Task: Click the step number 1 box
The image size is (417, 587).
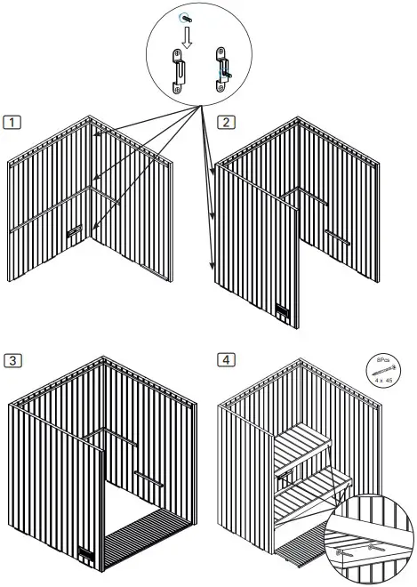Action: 12,122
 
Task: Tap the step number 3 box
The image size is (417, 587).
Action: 12,360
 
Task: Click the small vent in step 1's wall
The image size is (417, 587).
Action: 74,233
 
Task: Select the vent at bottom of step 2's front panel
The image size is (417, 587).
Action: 282,312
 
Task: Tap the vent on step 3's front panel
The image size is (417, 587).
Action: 86,553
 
